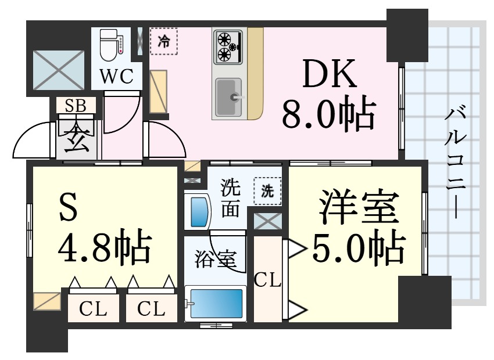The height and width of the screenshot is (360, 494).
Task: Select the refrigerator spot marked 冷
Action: [x=164, y=42]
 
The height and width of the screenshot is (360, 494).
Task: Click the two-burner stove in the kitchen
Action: [x=228, y=47]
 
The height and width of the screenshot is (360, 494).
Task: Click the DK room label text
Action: [x=327, y=75]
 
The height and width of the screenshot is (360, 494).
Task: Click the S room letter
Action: [x=68, y=210]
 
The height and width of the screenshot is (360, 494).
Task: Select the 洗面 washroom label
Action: [x=230, y=199]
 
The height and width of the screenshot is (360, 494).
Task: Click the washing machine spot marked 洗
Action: [x=267, y=191]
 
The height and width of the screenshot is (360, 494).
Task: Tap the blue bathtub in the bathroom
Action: [x=214, y=303]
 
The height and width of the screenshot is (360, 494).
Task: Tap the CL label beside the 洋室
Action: [x=267, y=283]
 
